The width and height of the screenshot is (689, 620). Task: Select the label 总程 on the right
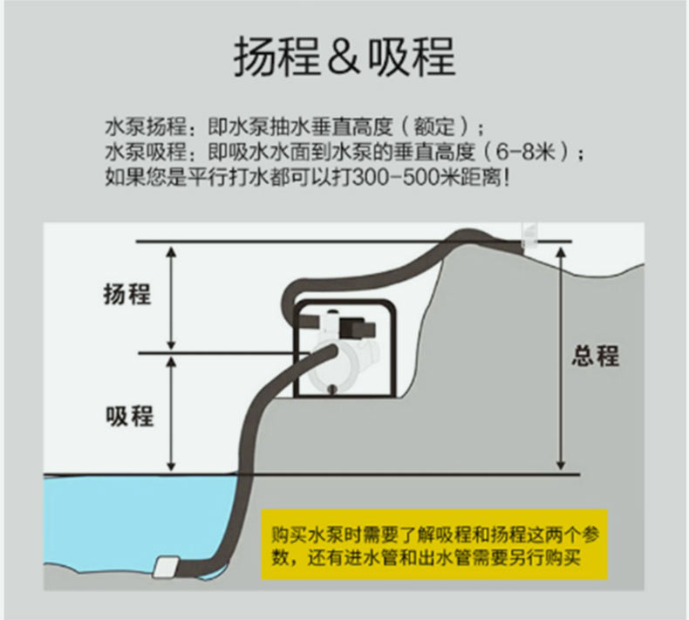point(596,356)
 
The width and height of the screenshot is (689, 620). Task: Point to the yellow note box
point(433,544)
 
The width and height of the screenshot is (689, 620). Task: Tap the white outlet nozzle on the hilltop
point(528,233)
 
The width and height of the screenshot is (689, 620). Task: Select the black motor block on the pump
point(356,330)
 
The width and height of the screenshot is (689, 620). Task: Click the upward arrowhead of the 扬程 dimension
point(173,251)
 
